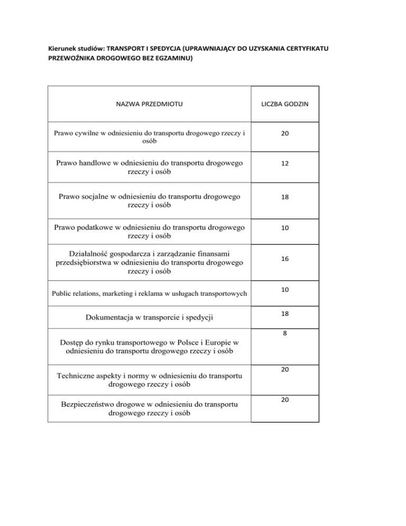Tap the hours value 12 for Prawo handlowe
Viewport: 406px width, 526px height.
284,165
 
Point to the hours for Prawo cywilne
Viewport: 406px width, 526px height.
284,135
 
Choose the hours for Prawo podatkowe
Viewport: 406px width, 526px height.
284,228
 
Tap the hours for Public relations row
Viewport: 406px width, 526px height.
284,289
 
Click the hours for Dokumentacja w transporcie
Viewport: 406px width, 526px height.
284,314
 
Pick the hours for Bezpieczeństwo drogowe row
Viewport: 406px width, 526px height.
284,401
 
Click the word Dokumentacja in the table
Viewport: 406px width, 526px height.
109,318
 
